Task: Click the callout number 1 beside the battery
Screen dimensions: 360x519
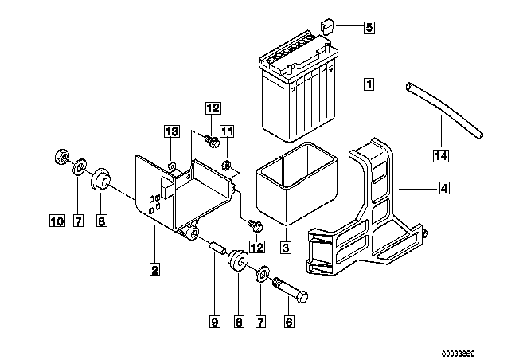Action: (x=369, y=83)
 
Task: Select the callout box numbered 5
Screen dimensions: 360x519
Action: (x=369, y=28)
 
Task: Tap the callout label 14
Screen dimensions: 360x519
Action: (x=441, y=155)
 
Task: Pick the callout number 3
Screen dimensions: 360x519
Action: (x=284, y=247)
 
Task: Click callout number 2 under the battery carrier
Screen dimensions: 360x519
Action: (x=154, y=269)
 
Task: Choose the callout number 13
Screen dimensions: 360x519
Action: (x=170, y=131)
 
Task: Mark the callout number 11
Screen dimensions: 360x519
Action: (x=227, y=131)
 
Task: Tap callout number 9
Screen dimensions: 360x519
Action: (x=214, y=322)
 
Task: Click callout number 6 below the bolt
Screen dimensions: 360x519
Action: (x=289, y=322)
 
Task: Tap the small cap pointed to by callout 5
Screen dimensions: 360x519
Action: (x=326, y=25)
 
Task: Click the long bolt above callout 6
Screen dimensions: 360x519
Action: (x=290, y=285)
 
